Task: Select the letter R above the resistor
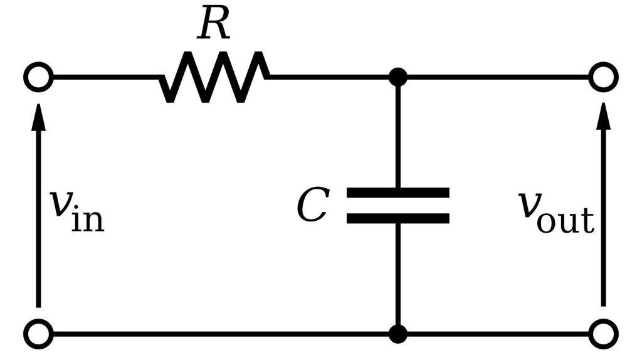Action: (x=214, y=25)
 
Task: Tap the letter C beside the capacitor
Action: (x=312, y=206)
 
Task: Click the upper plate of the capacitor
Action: (x=397, y=193)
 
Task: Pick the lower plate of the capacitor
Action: (x=397, y=218)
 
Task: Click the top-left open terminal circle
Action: (x=38, y=77)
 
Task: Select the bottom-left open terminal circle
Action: (x=38, y=334)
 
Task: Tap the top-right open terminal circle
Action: (x=603, y=77)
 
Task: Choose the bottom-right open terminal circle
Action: (x=603, y=334)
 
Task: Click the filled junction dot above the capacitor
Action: (x=397, y=77)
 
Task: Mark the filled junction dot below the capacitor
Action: (x=397, y=334)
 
